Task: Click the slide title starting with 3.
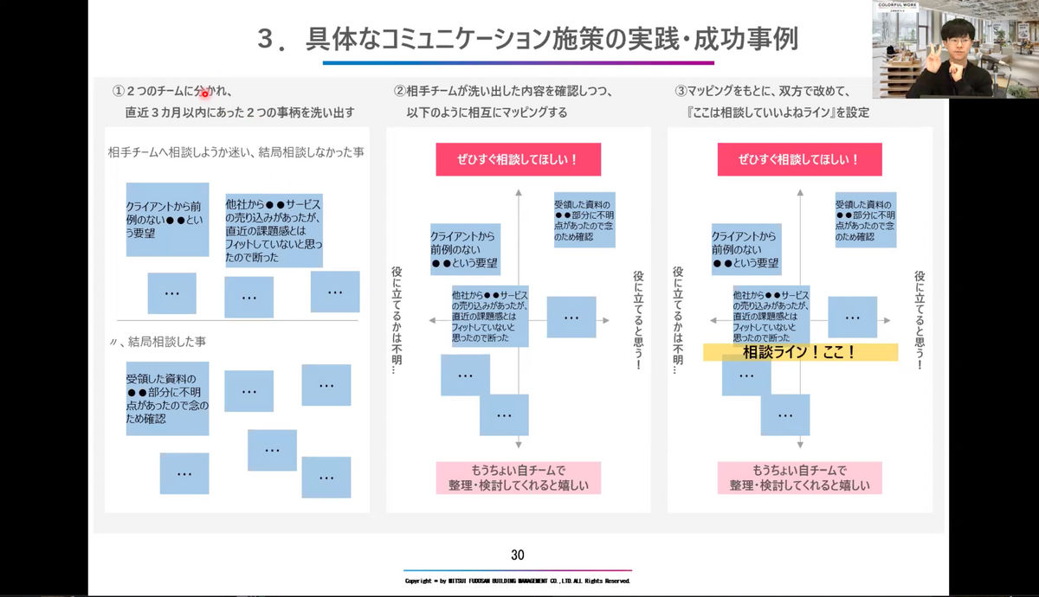527,39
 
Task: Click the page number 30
518,555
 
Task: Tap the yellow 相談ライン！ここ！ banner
799,352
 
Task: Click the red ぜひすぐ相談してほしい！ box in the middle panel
518,159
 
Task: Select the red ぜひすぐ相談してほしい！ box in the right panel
799,159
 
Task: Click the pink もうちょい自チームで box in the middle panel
518,478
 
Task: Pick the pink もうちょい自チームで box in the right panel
799,478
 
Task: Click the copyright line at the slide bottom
518,581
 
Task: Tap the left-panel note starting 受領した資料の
167,398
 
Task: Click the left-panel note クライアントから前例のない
167,219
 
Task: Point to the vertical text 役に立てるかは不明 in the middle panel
397,320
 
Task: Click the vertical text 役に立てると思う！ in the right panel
920,320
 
